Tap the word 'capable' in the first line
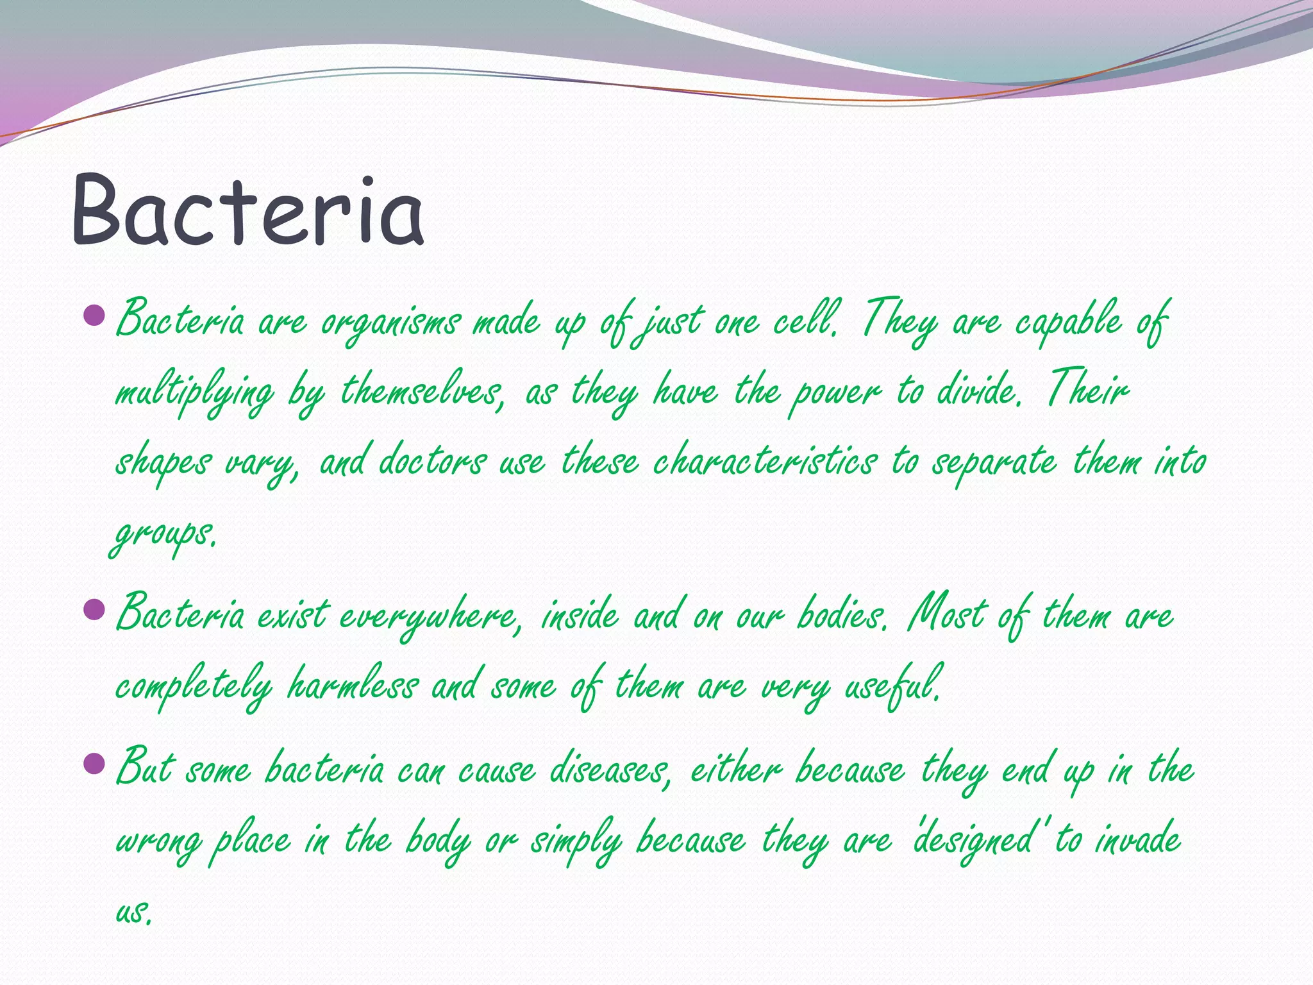1069,321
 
